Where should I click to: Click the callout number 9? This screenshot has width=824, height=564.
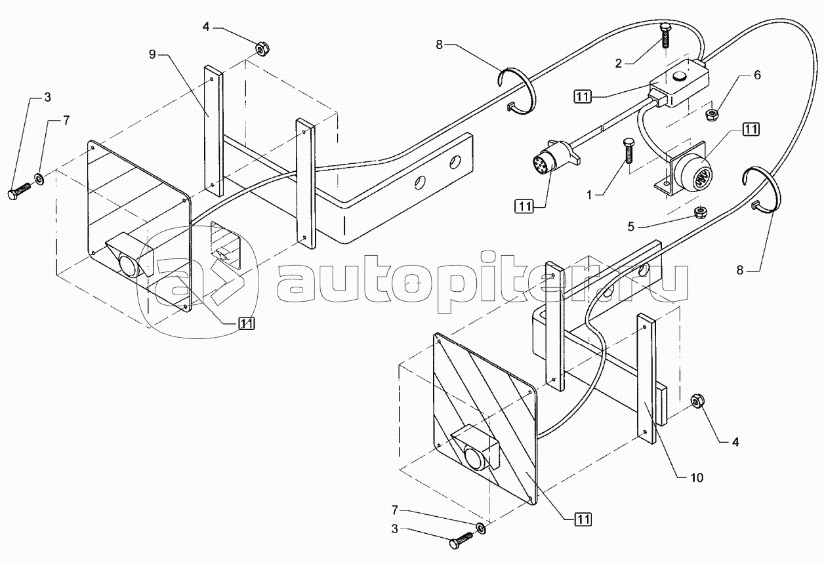click(x=152, y=54)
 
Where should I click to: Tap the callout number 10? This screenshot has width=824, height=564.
click(x=696, y=478)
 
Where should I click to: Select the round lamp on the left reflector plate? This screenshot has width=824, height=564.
click(x=129, y=266)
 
